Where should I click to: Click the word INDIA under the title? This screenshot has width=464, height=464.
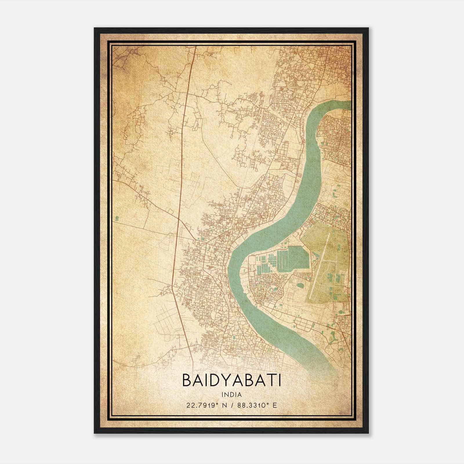pyautogui.click(x=232, y=394)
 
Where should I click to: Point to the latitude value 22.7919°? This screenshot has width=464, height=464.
pyautogui.click(x=202, y=405)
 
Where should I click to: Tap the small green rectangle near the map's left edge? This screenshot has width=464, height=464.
pyautogui.click(x=117, y=217)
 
